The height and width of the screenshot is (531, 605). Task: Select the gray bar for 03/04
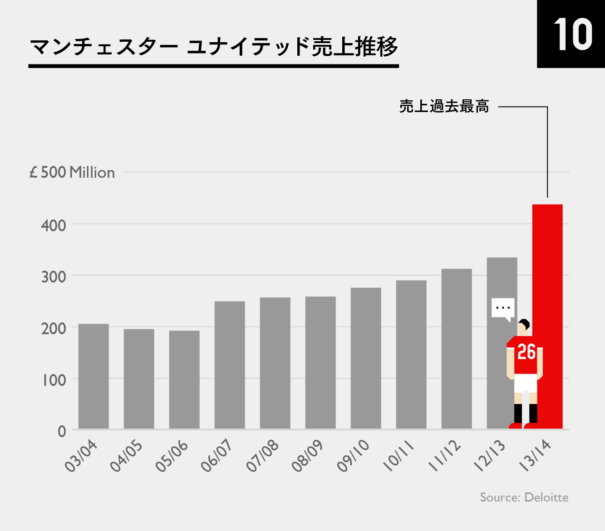pyautogui.click(x=93, y=376)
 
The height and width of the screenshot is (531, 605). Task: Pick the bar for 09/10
pyautogui.click(x=366, y=358)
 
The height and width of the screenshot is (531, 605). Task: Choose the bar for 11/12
pyautogui.click(x=457, y=349)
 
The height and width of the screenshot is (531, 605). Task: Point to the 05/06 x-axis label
pyautogui.click(x=172, y=456)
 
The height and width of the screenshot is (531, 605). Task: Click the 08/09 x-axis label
pyautogui.click(x=308, y=456)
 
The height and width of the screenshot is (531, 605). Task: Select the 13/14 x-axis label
pyautogui.click(x=535, y=456)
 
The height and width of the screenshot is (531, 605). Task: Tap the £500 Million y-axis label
pyautogui.click(x=72, y=173)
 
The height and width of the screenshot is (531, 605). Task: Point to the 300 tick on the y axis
pyautogui.click(x=54, y=276)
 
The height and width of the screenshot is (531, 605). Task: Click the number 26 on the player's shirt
pyautogui.click(x=526, y=352)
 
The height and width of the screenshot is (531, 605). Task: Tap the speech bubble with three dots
pyautogui.click(x=503, y=308)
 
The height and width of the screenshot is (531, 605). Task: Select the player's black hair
pyautogui.click(x=525, y=323)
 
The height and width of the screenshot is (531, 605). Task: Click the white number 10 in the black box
pyautogui.click(x=573, y=35)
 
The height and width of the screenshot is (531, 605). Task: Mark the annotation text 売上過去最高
pyautogui.click(x=444, y=107)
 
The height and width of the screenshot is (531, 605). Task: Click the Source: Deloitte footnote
pyautogui.click(x=524, y=497)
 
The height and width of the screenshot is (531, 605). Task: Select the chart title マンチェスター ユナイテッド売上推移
pyautogui.click(x=213, y=47)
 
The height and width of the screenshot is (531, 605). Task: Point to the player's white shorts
pyautogui.click(x=526, y=384)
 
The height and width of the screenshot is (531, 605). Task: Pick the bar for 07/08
pyautogui.click(x=275, y=363)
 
